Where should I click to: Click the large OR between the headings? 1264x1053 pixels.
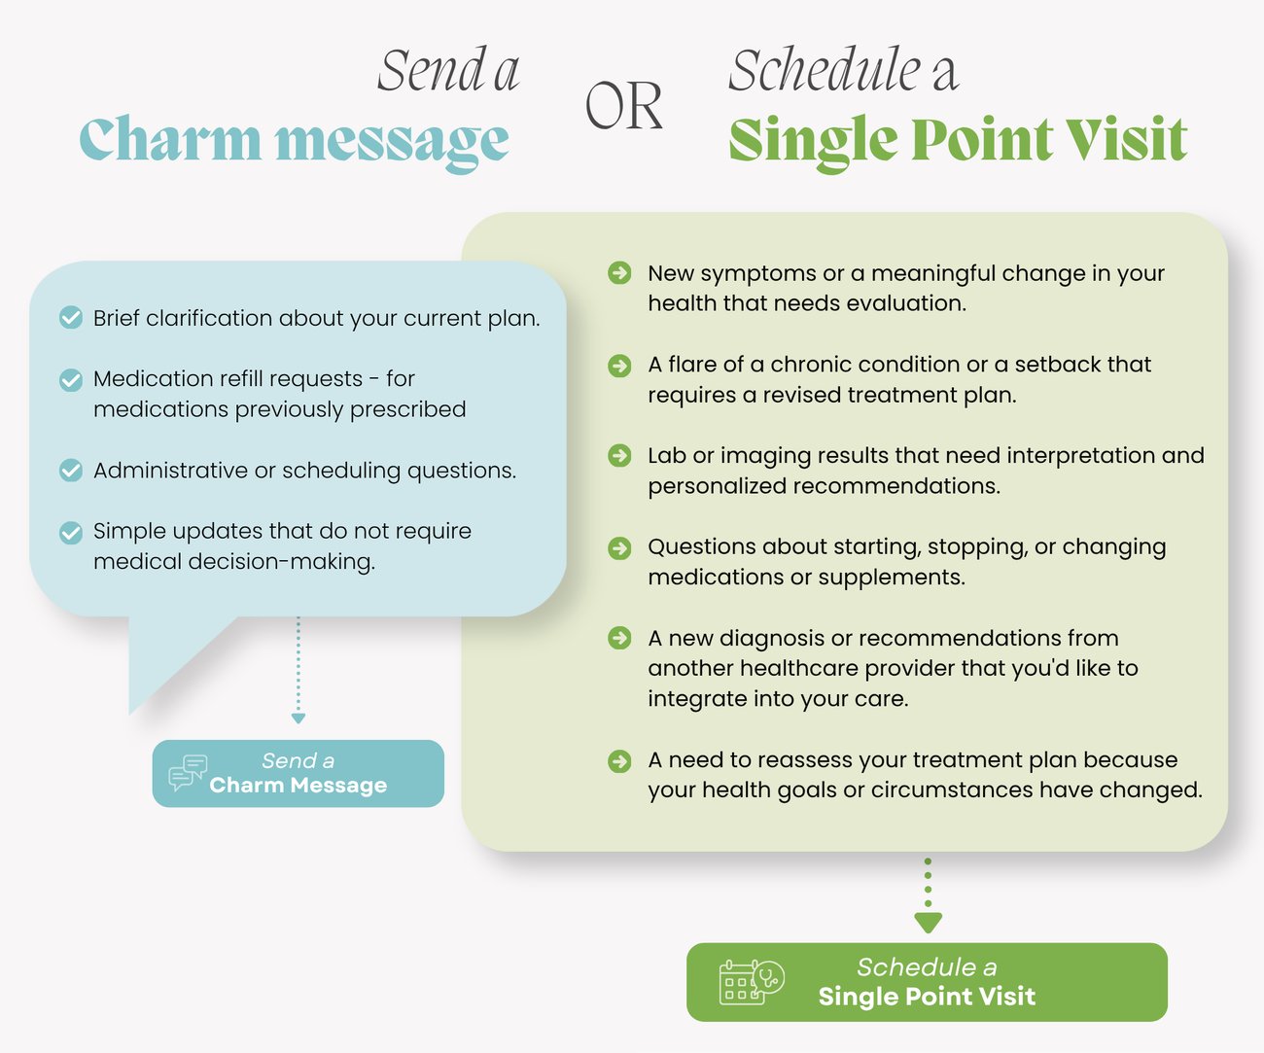coord(624,106)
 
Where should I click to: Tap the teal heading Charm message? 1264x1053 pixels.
coord(295,142)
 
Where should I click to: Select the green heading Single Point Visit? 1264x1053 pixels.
coord(958,142)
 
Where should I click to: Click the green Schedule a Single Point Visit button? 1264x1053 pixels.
coord(927,982)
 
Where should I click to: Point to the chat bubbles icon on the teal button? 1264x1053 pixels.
coord(188,773)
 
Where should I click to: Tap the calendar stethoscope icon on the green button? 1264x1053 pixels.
coord(752,982)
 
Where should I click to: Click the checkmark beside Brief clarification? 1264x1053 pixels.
coord(71,317)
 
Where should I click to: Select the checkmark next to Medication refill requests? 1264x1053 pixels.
coord(71,379)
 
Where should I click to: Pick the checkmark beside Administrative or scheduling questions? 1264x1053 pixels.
coord(71,470)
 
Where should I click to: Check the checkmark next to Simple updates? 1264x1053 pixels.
coord(71,533)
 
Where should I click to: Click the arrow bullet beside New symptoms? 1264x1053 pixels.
coord(619,272)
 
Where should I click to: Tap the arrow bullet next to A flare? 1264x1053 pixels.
coord(619,366)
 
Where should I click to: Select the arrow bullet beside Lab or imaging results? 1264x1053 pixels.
coord(619,455)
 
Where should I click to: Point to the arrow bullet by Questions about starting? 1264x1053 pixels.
coord(619,548)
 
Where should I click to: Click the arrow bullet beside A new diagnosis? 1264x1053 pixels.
coord(619,638)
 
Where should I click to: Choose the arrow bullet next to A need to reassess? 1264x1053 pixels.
coord(619,761)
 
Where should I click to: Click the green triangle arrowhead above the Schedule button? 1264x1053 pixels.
coord(928,923)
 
